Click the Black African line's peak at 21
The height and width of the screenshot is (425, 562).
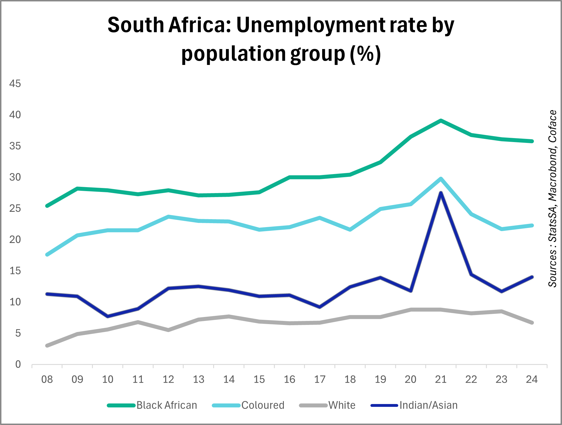441,121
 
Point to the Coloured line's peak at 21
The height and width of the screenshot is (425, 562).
441,179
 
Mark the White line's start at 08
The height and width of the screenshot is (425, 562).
47,346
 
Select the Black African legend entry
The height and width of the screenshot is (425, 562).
152,405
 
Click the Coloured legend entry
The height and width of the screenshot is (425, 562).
248,405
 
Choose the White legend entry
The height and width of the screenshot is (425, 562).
327,405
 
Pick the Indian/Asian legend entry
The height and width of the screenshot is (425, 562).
414,405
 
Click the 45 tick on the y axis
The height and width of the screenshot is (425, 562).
15,84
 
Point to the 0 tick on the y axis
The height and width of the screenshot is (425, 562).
18,364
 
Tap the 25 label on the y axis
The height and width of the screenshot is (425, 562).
15,208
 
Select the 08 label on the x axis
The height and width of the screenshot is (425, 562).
47,379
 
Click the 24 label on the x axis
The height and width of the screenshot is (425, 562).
532,379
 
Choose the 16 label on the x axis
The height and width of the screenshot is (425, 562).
290,379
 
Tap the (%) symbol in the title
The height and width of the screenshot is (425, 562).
365,54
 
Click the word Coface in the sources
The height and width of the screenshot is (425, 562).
552,126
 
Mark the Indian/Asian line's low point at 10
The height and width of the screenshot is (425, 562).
108,316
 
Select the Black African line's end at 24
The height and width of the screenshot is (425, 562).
532,141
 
